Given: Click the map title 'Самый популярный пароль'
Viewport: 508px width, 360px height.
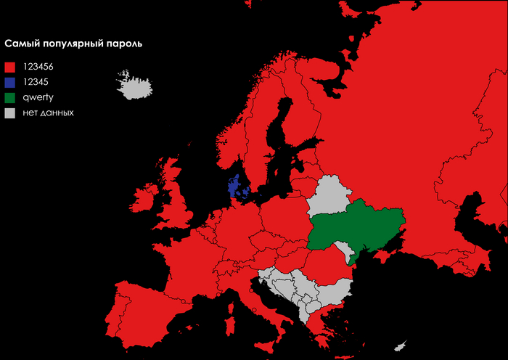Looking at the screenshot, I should tap(73, 44).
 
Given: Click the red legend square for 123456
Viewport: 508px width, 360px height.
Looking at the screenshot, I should tap(9, 67).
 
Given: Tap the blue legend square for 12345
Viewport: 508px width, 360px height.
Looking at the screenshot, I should tap(9, 82).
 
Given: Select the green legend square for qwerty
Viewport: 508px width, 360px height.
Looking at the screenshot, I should tap(9, 97).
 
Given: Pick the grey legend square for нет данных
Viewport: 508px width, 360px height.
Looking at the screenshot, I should tap(9, 113).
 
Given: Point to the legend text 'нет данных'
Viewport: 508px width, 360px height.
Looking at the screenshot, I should tap(48, 113).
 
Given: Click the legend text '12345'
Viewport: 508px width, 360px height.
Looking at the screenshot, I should tap(36, 82).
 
